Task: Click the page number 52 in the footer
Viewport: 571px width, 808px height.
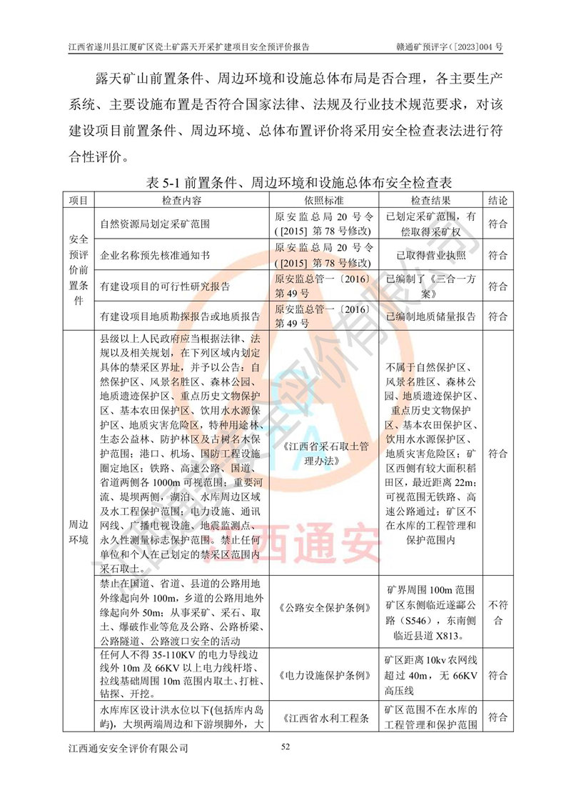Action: tap(285, 747)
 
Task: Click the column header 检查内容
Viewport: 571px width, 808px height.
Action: tap(182, 201)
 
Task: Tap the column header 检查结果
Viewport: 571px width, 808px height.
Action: tap(430, 201)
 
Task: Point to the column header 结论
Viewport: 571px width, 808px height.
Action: tap(497, 201)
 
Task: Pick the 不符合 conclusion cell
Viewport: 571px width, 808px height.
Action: tap(497, 608)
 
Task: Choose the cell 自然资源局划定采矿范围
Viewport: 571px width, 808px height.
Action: tap(156, 224)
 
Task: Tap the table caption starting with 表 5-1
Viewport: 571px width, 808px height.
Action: tap(285, 183)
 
